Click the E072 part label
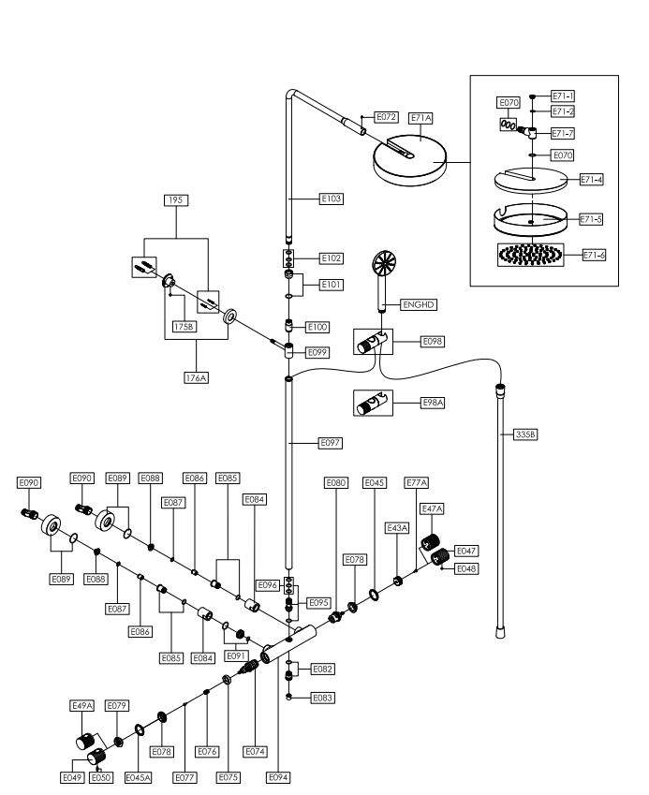(x=386, y=117)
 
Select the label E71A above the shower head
(x=420, y=118)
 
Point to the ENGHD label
(x=419, y=304)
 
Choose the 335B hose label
(x=527, y=434)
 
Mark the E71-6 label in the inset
(x=594, y=255)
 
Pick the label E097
(x=332, y=441)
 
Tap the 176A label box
(x=195, y=377)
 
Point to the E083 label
(x=323, y=698)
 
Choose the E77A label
(x=417, y=482)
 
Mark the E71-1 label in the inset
(x=563, y=96)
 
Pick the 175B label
(x=184, y=327)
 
